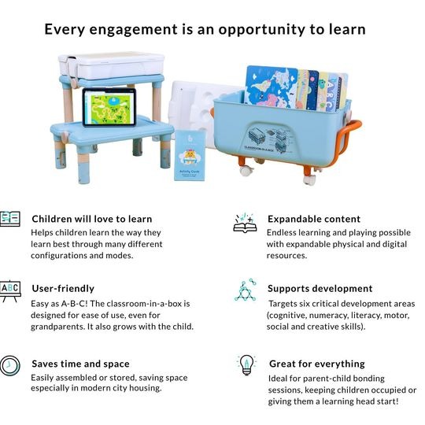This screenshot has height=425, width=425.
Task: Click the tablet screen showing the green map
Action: click(x=109, y=107)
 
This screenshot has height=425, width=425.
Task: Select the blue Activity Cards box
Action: click(x=190, y=156)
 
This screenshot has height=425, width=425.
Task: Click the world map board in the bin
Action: click(x=271, y=87)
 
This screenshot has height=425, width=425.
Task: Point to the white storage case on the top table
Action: click(x=112, y=65)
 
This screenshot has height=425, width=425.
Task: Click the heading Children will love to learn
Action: click(x=92, y=219)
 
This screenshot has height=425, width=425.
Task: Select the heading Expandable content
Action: click(x=314, y=219)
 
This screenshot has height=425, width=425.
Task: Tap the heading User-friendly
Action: click(x=63, y=288)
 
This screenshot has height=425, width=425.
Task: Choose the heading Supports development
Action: click(x=320, y=288)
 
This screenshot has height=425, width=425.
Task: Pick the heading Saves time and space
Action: click(x=80, y=364)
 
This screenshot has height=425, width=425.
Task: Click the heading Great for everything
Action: click(x=317, y=364)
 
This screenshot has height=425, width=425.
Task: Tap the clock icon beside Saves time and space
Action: click(x=10, y=366)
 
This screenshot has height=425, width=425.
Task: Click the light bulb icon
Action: click(x=246, y=365)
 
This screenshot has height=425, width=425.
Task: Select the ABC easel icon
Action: click(x=10, y=291)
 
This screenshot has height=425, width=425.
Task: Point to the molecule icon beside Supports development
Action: click(x=246, y=290)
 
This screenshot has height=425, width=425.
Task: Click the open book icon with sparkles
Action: click(x=245, y=223)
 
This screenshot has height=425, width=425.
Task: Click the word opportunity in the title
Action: click(x=261, y=30)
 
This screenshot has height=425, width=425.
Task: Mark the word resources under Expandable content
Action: click(x=286, y=256)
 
